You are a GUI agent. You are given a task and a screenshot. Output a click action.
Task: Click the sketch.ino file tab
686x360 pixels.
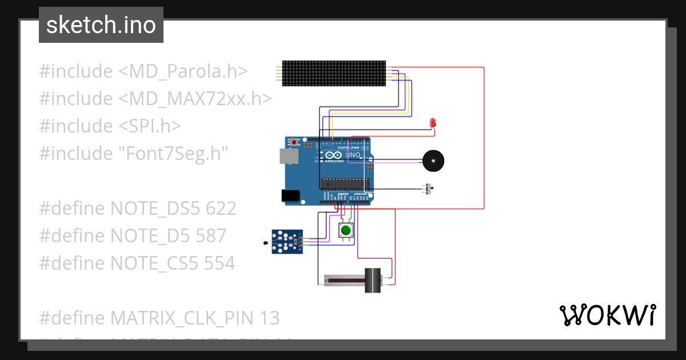click(101, 25)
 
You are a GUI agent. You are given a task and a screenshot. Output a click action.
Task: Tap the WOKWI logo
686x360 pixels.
click(607, 315)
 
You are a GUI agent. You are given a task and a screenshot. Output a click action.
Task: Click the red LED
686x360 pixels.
click(433, 122)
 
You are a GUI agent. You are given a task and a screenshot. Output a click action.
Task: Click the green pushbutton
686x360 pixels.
click(345, 230)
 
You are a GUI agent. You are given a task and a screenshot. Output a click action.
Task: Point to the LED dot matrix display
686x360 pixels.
click(334, 73)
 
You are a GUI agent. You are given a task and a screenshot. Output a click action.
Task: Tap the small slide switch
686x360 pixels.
click(428, 189)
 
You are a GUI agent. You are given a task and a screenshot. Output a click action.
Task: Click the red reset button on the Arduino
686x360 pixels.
click(294, 142)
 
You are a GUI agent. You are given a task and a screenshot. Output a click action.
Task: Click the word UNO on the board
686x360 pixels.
click(353, 155)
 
